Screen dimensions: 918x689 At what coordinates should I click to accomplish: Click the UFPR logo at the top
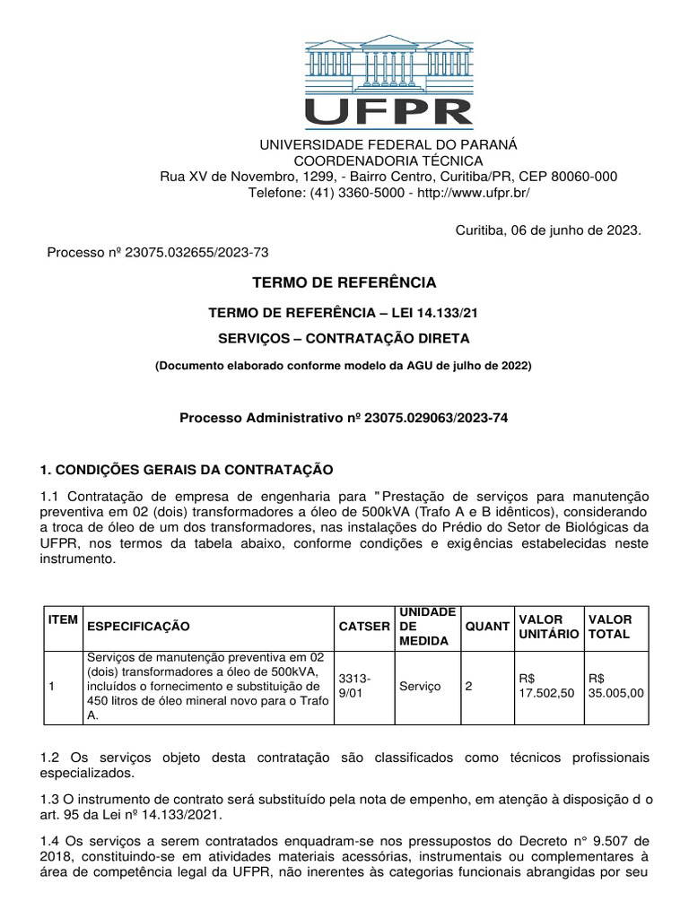388,82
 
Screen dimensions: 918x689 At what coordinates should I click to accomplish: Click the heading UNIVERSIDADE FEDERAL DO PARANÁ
388,145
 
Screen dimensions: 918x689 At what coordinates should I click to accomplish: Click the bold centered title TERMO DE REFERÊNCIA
344,283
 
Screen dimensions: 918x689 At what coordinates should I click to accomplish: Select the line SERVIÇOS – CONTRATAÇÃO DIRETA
344,338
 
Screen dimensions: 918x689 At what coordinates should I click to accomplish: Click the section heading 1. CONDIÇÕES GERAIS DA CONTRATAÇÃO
187,470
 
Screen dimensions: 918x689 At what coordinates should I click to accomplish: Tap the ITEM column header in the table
62,619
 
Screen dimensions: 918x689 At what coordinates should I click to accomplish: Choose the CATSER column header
364,626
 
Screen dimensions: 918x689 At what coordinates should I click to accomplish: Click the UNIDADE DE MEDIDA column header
425,626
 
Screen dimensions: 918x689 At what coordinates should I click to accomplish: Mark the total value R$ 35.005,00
615,686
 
